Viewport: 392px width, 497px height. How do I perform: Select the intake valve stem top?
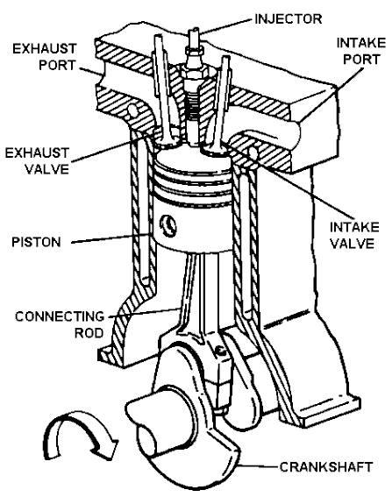pos(229,61)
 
